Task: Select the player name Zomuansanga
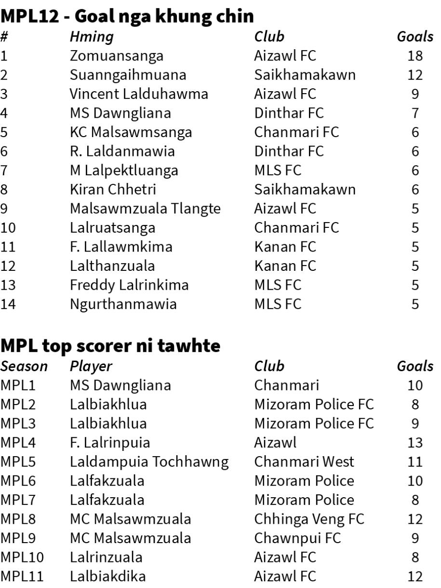[x=116, y=56]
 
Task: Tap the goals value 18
[x=414, y=56]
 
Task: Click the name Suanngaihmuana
[x=128, y=75]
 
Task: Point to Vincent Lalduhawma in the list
[x=139, y=94]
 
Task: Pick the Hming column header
[x=92, y=37]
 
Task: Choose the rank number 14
[x=8, y=304]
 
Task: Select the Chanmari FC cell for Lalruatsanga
[x=296, y=227]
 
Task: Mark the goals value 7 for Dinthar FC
[x=415, y=113]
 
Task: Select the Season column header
[x=24, y=366]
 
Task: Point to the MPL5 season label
[x=17, y=462]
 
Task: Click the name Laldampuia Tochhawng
[x=149, y=462]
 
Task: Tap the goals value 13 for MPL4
[x=414, y=443]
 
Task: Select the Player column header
[x=91, y=366]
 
